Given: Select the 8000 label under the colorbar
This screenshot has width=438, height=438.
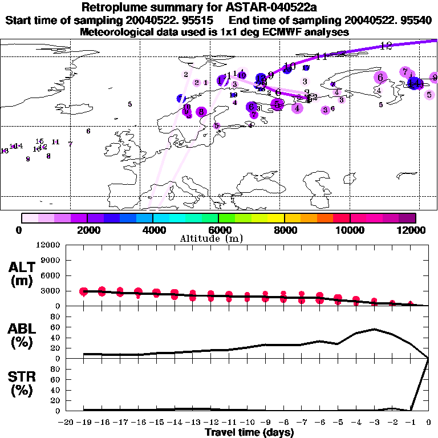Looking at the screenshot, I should click(x=284, y=230).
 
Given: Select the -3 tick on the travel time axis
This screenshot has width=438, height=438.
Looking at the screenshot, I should click(x=374, y=423).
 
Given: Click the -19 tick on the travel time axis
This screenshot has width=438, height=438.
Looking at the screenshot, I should click(x=84, y=423).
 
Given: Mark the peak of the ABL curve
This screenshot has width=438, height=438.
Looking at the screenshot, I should click(x=374, y=329).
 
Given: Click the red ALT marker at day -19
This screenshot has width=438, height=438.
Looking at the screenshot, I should click(x=84, y=291).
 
